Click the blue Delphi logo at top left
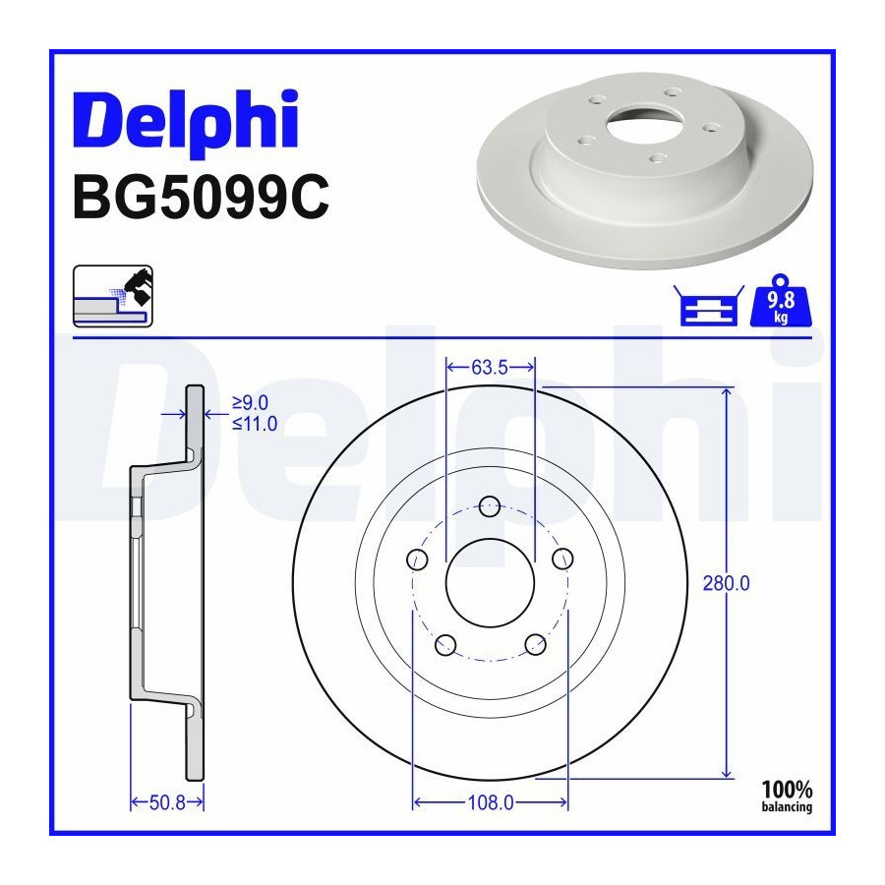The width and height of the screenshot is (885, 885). click(x=185, y=121)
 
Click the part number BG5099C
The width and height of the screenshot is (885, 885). click(x=201, y=197)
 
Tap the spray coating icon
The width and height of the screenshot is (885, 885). click(x=113, y=296)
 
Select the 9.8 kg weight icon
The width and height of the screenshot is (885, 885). click(x=781, y=301)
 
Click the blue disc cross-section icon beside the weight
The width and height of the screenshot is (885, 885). click(x=708, y=306)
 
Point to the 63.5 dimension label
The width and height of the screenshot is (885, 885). click(x=490, y=368)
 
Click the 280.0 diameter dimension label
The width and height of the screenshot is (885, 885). click(x=726, y=583)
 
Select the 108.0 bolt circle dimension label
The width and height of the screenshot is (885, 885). click(x=491, y=802)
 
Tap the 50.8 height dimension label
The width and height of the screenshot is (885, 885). click(x=167, y=802)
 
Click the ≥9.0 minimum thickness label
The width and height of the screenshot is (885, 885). click(x=250, y=402)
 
